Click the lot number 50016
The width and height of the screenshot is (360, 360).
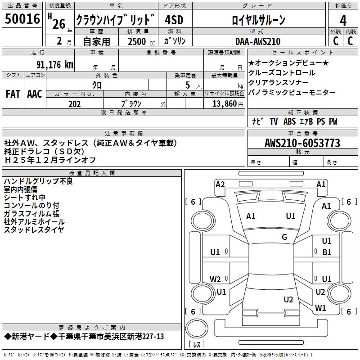[x=22, y=19]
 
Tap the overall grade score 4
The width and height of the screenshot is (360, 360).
[x=343, y=21]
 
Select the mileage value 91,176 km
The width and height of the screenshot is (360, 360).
[x=54, y=65]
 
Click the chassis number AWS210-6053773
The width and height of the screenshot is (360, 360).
[x=302, y=143]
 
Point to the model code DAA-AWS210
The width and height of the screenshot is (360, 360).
[x=257, y=41]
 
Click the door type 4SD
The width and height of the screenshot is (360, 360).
[x=174, y=20]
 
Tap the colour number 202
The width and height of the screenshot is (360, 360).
[x=74, y=104]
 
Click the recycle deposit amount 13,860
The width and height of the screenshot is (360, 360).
[x=224, y=104]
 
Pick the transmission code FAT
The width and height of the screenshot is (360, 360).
[x=13, y=94]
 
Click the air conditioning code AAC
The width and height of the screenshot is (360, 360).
[x=35, y=94]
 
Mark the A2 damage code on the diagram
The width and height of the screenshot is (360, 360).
[x=220, y=184]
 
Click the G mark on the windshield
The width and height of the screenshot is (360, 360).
[x=284, y=237]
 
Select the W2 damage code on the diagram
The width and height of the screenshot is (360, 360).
[x=215, y=279]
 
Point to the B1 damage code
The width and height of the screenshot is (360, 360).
[x=327, y=252]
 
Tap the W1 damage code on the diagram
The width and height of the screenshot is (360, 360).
[x=320, y=308]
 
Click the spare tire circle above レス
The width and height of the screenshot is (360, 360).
[x=197, y=328]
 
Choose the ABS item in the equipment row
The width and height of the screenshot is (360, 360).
[x=289, y=121]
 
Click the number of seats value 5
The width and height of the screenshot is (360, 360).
[x=188, y=85]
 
